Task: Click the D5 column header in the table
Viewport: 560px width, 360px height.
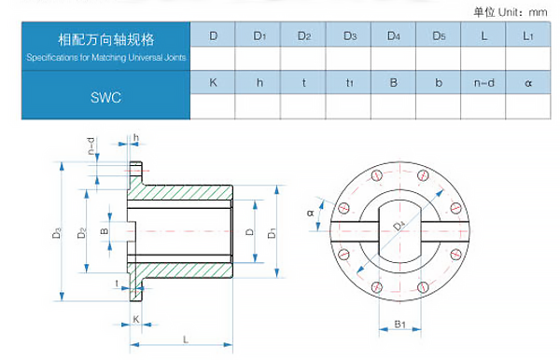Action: click(x=439, y=35)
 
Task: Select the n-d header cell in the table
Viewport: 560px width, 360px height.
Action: click(x=483, y=83)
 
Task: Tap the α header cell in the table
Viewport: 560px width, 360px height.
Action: click(x=528, y=83)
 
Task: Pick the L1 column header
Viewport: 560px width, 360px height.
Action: click(x=528, y=35)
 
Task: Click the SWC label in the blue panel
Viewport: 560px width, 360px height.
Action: click(x=105, y=97)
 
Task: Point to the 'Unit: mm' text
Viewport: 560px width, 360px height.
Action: click(x=523, y=12)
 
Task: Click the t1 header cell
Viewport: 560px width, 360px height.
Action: click(x=349, y=83)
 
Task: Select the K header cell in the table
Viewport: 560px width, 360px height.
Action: click(x=213, y=82)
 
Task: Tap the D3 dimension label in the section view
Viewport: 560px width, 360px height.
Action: click(x=56, y=233)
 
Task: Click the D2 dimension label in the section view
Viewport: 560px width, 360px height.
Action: click(x=82, y=232)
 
